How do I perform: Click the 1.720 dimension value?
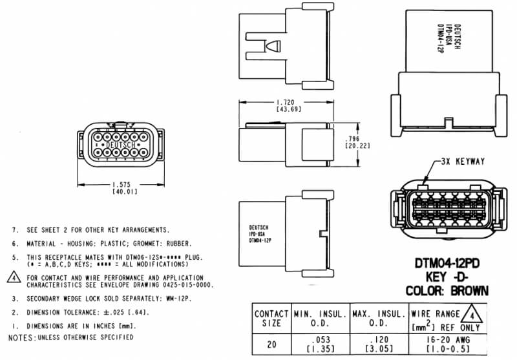286,103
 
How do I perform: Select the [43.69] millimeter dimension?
286,110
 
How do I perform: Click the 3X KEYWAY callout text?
461,162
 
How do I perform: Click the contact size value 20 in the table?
271,344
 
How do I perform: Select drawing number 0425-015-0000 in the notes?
187,284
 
